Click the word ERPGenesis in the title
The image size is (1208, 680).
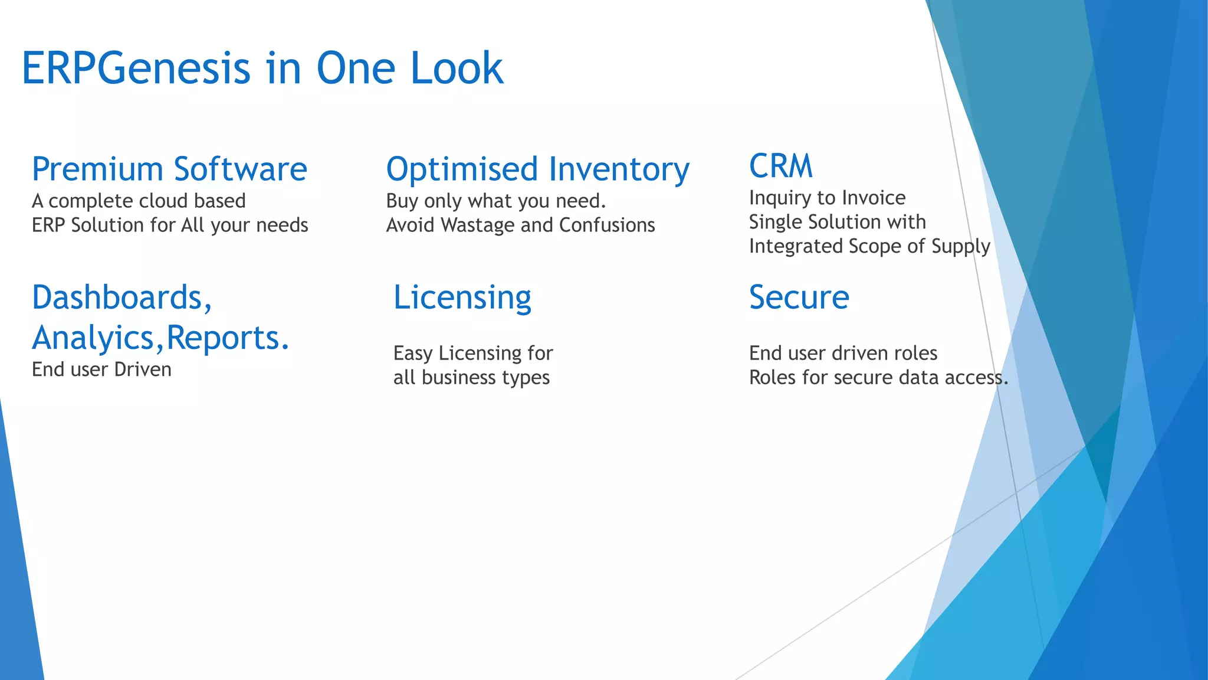pyautogui.click(x=136, y=69)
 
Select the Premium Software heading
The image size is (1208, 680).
pyautogui.click(x=169, y=169)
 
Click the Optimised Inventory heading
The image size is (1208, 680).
pyautogui.click(x=537, y=169)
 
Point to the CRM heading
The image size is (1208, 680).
pyautogui.click(x=780, y=166)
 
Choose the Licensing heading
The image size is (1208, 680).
pyautogui.click(x=462, y=297)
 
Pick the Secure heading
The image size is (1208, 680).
pyautogui.click(x=799, y=297)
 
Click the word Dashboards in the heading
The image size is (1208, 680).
pyautogui.click(x=118, y=297)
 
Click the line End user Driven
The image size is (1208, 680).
pyautogui.click(x=101, y=370)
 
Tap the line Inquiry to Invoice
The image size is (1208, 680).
pyautogui.click(x=827, y=198)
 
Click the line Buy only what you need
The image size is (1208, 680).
pyautogui.click(x=495, y=201)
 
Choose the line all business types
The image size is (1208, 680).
pyautogui.click(x=471, y=378)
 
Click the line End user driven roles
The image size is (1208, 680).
pyautogui.click(x=843, y=354)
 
